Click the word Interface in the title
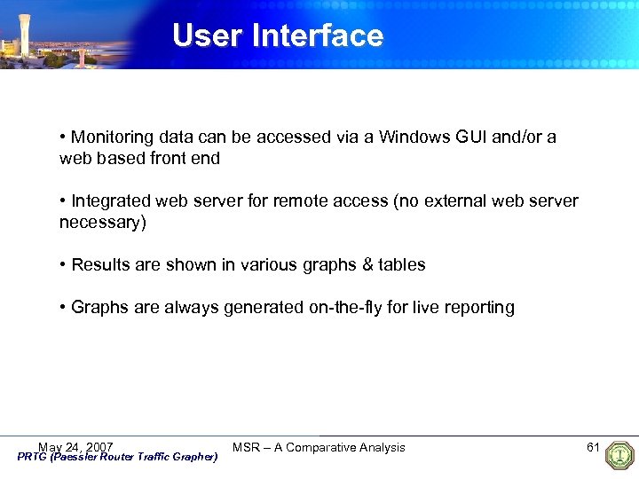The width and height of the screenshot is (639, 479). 318,35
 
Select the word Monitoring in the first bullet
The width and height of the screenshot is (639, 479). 113,137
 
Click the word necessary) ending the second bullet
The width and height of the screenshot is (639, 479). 102,223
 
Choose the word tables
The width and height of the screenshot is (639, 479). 401,265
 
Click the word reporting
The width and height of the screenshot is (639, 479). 480,308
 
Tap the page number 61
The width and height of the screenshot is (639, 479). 594,447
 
